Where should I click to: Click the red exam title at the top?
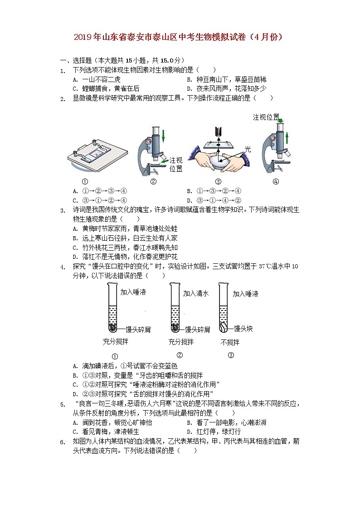pyautogui.click(x=180, y=37)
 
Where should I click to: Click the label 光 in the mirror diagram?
pyautogui.click(x=248, y=149)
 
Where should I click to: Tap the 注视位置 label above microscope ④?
pyautogui.click(x=266, y=117)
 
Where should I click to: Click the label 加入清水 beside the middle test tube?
pyautogui.click(x=195, y=294)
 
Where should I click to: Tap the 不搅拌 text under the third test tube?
pyautogui.click(x=230, y=342)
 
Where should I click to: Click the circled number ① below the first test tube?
pyautogui.click(x=115, y=356)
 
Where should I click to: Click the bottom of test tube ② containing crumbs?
pyautogui.click(x=174, y=327)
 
